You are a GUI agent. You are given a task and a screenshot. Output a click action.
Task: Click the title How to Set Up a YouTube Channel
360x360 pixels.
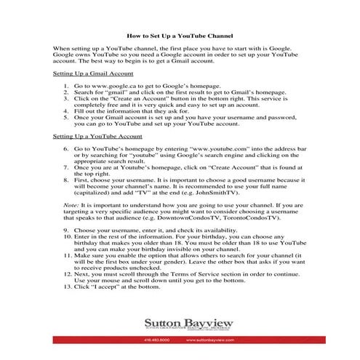coord(180,34)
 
